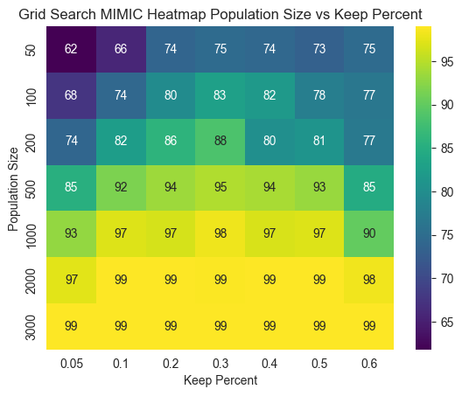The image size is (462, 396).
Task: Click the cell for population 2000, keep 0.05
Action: coord(71,277)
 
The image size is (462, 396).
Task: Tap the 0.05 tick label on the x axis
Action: coord(71,364)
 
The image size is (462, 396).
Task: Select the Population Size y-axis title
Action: coord(13,187)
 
